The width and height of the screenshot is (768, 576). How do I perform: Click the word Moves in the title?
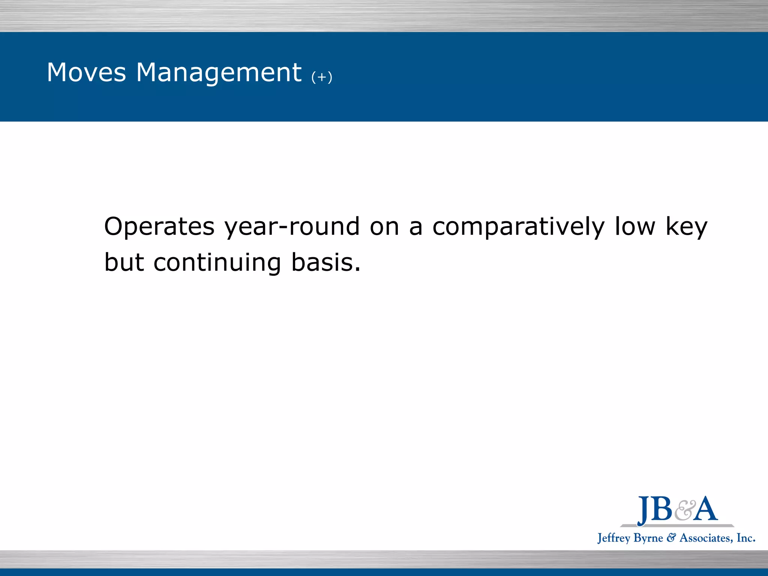pos(86,72)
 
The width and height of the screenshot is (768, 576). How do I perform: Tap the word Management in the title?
pos(219,72)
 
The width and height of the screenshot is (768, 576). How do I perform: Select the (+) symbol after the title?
pos(322,77)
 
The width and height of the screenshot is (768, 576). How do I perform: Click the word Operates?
pos(159,227)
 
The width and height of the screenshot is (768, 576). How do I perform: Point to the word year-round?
pos(292,227)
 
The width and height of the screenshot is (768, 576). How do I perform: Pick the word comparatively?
pos(518,227)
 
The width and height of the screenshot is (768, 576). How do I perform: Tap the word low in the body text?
pos(635,227)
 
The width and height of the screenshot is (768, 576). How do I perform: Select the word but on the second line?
pos(124,262)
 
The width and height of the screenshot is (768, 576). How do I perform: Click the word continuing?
pos(217,263)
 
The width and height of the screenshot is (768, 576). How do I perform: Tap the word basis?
pos(326,262)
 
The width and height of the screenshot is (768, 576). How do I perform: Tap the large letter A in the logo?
pos(705,509)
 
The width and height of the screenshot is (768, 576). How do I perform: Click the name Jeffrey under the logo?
pos(613,538)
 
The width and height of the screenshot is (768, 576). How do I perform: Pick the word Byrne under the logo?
pos(648,538)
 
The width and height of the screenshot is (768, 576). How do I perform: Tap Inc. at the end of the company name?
pos(746,538)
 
